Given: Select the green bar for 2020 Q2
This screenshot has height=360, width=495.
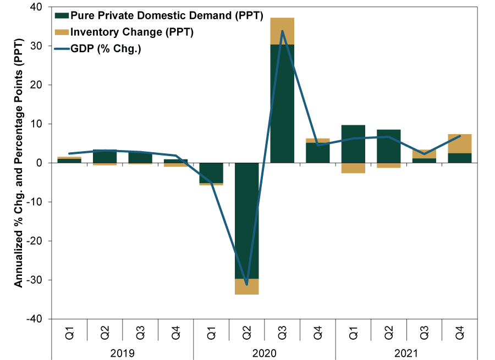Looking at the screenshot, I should (246, 220).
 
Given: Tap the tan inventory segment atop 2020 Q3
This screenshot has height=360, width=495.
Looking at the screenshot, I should (282, 31).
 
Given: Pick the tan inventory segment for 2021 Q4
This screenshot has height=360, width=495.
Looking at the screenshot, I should (460, 143).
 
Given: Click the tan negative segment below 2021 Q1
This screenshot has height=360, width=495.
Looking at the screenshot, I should (354, 168).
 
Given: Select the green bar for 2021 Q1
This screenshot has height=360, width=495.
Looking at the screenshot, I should (354, 143).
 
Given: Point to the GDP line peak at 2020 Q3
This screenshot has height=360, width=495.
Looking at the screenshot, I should (282, 31).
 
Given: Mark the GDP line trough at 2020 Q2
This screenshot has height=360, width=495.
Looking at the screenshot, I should (246, 284).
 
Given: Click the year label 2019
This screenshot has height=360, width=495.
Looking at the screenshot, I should (122, 352).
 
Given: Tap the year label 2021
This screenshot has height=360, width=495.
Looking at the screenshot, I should (407, 352).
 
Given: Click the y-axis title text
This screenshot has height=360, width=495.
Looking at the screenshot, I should (19, 163).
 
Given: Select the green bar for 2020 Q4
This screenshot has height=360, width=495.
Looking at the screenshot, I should (318, 152).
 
